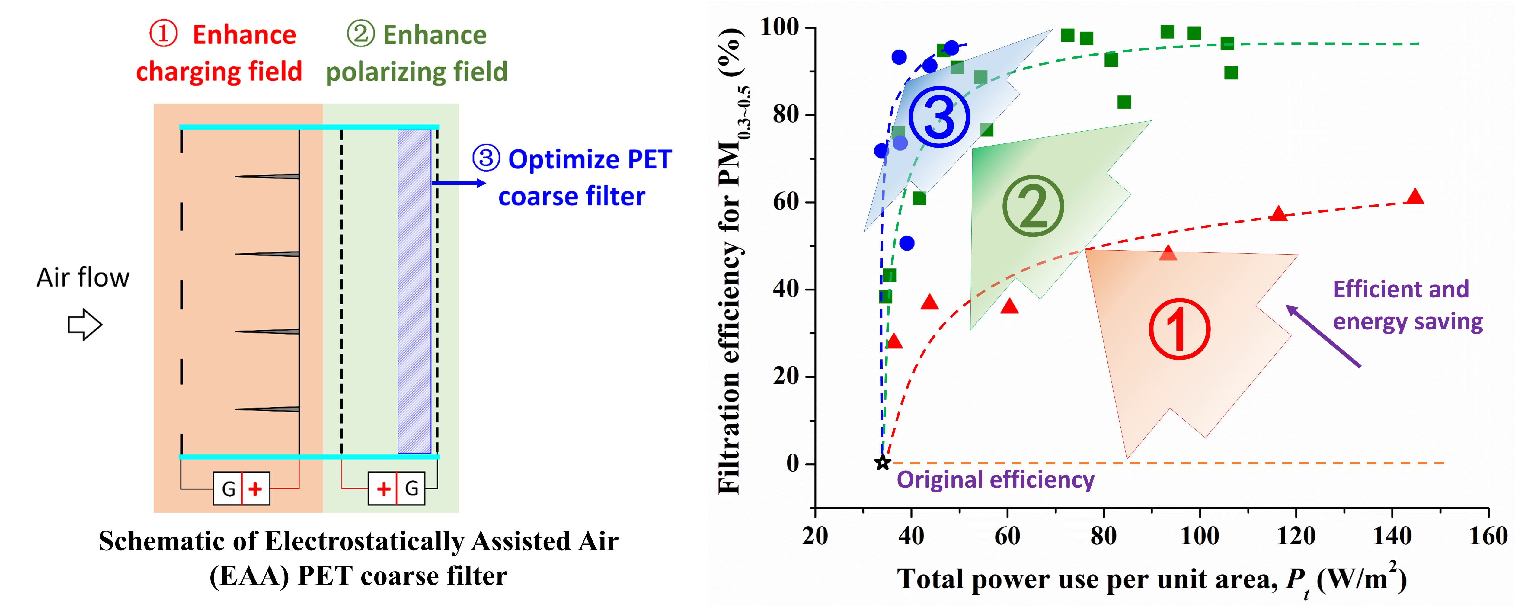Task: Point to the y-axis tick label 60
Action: (786, 202)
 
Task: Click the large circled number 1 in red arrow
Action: (1179, 329)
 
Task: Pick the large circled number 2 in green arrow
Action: (1033, 206)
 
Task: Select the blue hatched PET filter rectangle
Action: (414, 291)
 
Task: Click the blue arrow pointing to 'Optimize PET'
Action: (459, 183)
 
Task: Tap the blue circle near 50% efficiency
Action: (907, 243)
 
